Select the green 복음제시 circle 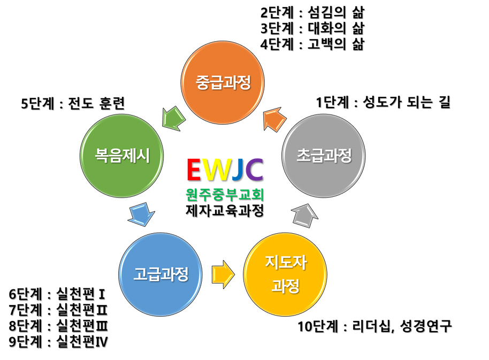click(x=122, y=155)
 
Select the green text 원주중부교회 click(x=225, y=194)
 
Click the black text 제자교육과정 click(x=225, y=211)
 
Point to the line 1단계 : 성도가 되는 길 click(x=383, y=102)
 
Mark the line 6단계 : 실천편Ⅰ click(x=57, y=294)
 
